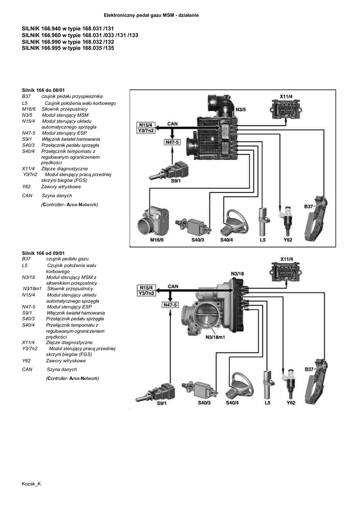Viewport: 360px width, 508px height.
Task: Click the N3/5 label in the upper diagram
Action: tap(241, 109)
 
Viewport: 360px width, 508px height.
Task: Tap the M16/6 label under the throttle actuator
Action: tap(157, 240)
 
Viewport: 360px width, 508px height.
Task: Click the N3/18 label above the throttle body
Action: tap(238, 273)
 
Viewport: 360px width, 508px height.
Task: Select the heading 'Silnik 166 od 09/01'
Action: tap(44, 253)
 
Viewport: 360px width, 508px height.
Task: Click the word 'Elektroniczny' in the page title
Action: tap(119, 15)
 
